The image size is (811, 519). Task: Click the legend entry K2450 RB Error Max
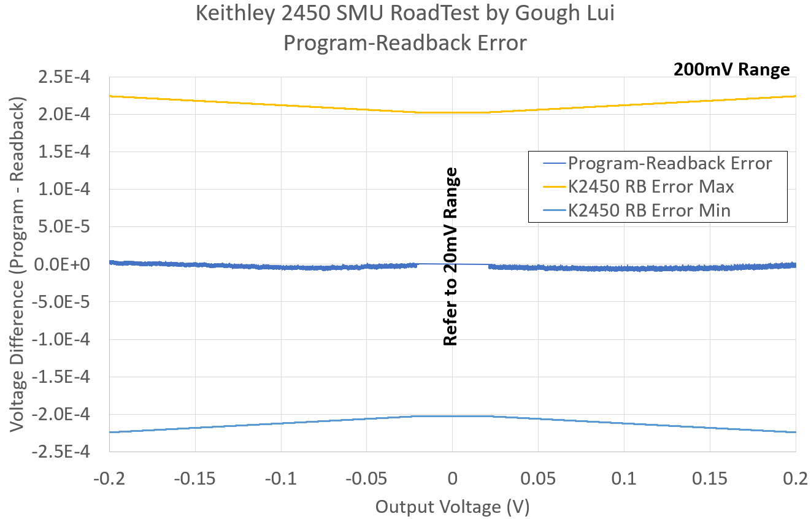coord(651,186)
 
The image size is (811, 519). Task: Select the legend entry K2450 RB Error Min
coord(649,210)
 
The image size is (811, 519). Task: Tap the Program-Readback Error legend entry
coord(669,163)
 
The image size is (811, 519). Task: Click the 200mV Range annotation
coord(731,70)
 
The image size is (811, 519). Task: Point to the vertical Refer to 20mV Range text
coord(451,256)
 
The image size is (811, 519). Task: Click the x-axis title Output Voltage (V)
coord(452,507)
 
